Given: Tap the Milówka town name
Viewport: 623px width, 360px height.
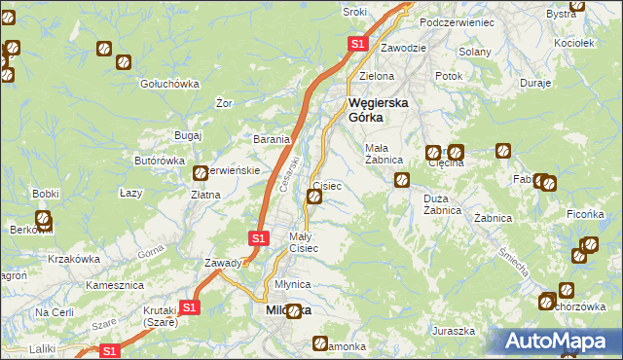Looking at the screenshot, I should click(289, 309).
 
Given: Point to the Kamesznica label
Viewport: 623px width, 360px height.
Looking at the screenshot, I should click(115, 286).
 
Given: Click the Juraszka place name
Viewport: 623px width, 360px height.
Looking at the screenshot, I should click(454, 331).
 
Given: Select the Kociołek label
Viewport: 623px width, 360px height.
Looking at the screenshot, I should click(573, 44).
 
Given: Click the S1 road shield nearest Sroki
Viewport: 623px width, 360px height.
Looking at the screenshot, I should click(357, 44).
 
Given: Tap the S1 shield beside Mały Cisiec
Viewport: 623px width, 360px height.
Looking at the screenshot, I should click(258, 237).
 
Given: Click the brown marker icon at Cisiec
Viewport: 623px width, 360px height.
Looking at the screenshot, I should click(315, 198).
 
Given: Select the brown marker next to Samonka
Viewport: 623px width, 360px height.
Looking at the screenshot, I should click(321, 343).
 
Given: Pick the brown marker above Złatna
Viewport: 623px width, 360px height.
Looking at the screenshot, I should click(202, 173).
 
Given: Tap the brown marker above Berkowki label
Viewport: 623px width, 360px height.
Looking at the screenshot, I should click(44, 219).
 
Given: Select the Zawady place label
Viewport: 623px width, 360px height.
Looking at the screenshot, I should click(223, 263).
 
